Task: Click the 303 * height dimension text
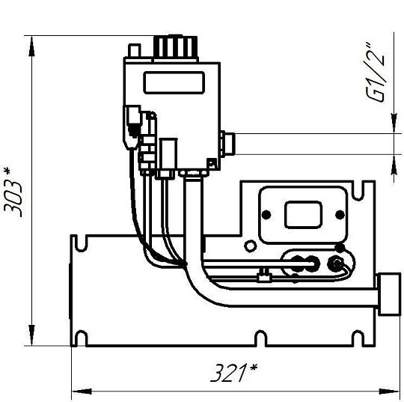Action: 13,192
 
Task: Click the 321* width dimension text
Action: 233,373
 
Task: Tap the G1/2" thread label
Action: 376,72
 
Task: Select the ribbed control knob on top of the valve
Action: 176,49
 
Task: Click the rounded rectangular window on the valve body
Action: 174,82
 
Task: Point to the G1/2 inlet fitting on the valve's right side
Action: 227,144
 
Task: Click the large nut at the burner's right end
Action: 389,294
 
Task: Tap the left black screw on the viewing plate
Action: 266,214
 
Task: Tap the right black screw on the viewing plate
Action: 340,214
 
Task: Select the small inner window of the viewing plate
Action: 303,215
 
